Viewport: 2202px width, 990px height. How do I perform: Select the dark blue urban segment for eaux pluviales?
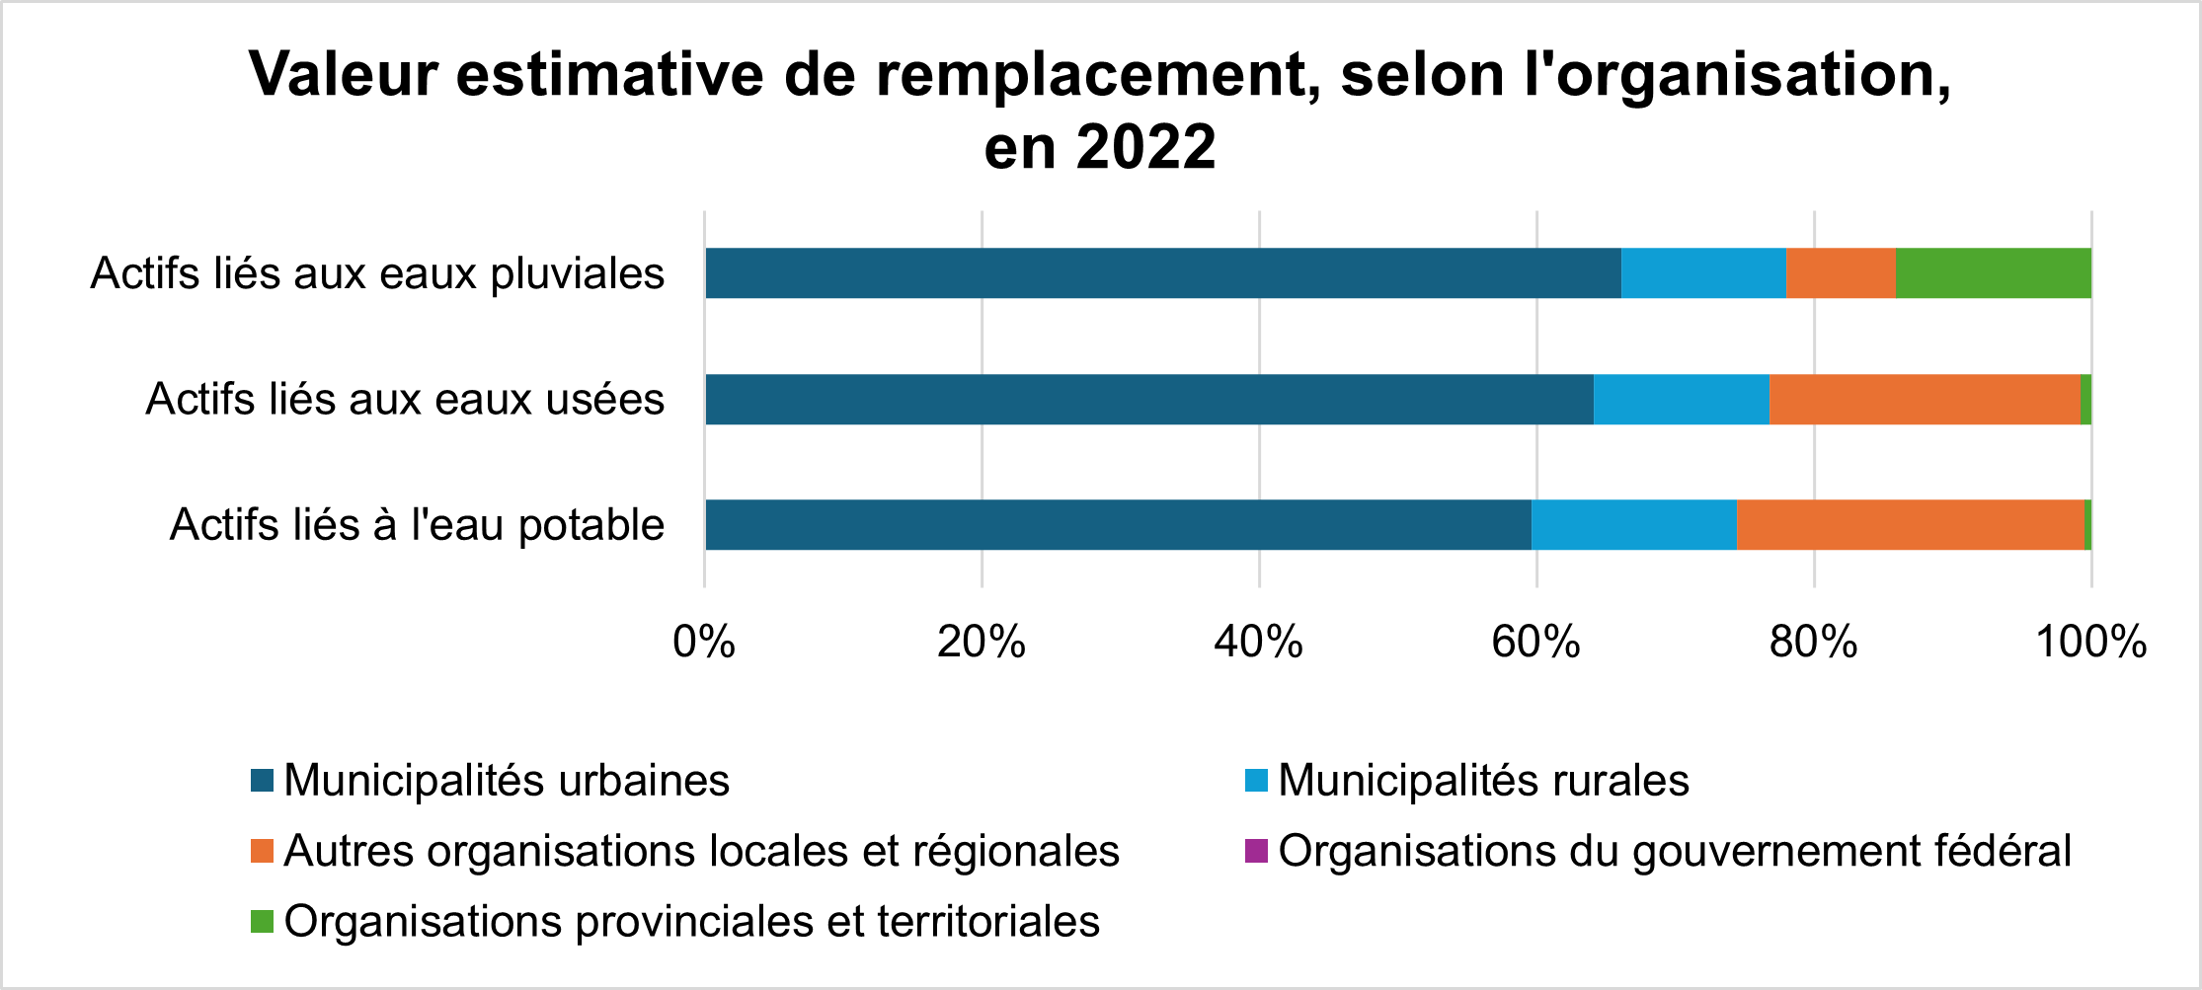coord(1162,273)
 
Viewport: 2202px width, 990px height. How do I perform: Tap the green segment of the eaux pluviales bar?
coord(1993,273)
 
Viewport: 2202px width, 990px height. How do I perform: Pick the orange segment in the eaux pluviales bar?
coord(1841,273)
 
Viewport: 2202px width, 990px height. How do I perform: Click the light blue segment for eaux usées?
coord(1681,400)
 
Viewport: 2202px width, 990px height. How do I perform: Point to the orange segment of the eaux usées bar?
coord(1924,400)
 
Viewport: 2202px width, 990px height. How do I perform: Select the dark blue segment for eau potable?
coord(1118,525)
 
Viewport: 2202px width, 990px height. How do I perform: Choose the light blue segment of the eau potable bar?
coord(1633,525)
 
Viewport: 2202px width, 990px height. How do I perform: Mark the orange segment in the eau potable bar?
coord(1910,525)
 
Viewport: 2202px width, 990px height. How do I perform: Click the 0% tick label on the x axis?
coord(703,643)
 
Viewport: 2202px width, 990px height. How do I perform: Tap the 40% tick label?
coord(1258,643)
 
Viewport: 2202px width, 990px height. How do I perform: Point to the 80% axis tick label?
coord(1813,643)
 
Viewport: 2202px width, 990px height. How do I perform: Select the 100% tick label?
coord(2090,643)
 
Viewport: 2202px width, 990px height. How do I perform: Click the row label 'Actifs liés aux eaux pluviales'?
coord(377,274)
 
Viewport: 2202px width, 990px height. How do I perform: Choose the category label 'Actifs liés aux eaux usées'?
coord(405,400)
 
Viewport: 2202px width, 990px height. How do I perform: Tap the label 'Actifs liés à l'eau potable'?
coord(417,525)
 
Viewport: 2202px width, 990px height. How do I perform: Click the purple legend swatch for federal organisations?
coord(1256,851)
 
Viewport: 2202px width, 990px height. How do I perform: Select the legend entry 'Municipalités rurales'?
coord(1482,781)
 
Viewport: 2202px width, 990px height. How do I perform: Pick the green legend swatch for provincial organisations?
coord(262,922)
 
